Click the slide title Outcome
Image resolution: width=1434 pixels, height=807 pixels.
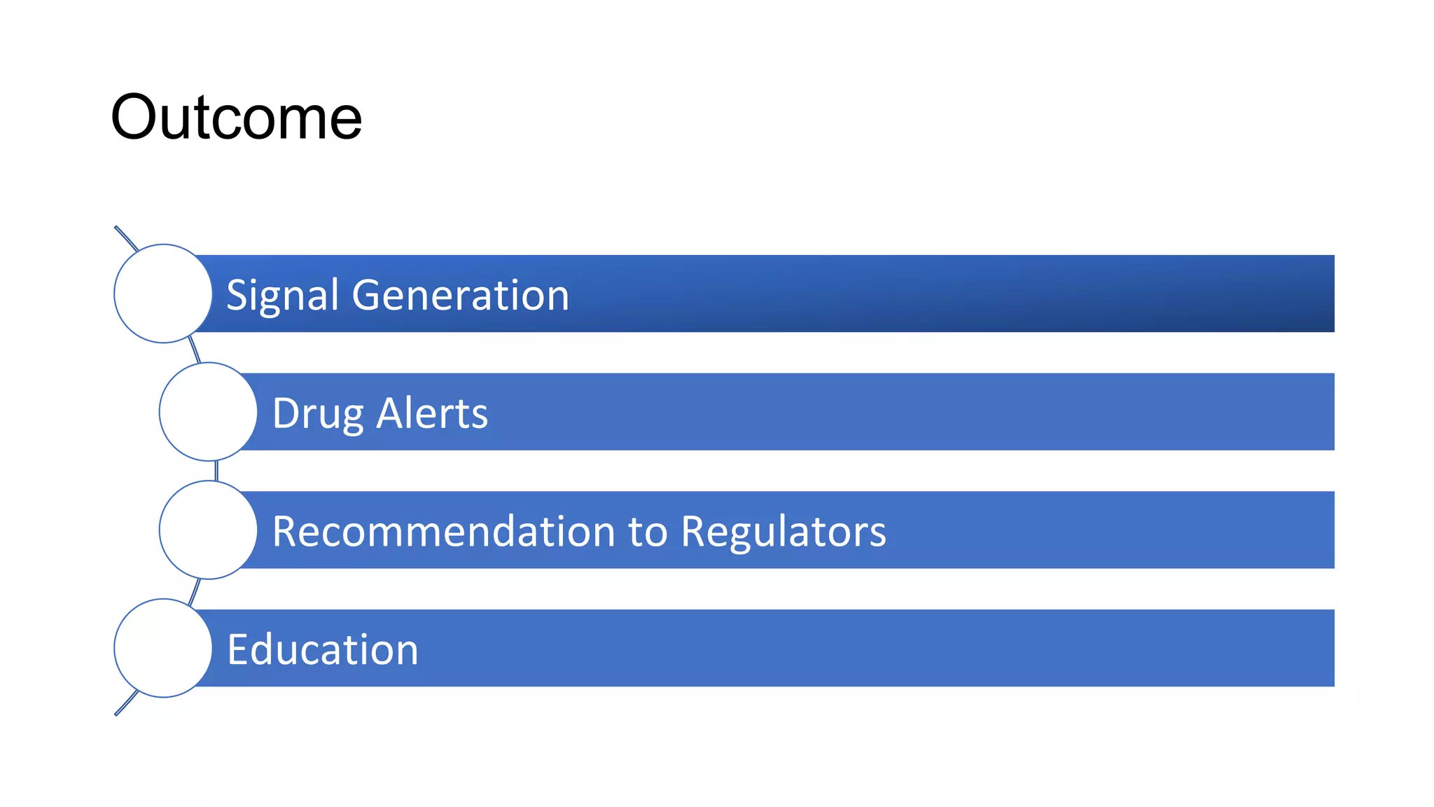tap(236, 117)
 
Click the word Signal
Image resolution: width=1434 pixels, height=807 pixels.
tap(282, 295)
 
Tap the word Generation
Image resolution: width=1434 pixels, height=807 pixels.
tap(460, 294)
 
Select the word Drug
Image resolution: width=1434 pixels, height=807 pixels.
tap(317, 413)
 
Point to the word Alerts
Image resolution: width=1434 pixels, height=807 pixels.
tap(432, 413)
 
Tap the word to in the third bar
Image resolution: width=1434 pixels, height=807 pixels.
tap(648, 532)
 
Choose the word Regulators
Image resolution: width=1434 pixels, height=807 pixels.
tap(783, 532)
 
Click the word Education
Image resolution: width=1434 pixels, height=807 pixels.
tap(322, 649)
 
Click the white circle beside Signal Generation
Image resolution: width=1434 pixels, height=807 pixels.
tap(162, 294)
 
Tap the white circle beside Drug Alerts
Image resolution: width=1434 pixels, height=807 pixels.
tap(208, 411)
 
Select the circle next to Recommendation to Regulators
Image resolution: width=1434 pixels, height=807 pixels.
tap(208, 530)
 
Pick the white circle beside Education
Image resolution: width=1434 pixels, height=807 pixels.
tap(162, 648)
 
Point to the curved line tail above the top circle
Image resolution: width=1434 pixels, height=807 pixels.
tap(125, 237)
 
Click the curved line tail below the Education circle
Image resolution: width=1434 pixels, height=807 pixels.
tap(125, 704)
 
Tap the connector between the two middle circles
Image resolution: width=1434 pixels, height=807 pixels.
tap(216, 471)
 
